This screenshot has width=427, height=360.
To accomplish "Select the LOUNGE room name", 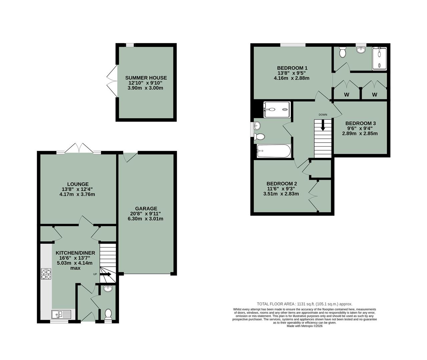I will click(x=78, y=184).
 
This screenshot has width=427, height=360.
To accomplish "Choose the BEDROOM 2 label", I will click(x=282, y=184).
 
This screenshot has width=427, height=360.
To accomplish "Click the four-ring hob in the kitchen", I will click(x=46, y=274).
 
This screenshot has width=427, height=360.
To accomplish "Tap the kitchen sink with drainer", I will click(x=61, y=314).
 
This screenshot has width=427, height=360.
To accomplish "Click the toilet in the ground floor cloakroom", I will click(x=108, y=314).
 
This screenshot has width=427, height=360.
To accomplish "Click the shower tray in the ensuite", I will click(x=379, y=59).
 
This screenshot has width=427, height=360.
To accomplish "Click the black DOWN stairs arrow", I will click(x=323, y=126).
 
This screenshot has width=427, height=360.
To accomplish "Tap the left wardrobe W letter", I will click(x=347, y=95).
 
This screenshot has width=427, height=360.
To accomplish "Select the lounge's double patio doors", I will click(x=78, y=148).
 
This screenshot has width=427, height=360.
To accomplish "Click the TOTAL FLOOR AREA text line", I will click(x=304, y=304).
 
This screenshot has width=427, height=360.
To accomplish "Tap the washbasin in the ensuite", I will click(x=361, y=50).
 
